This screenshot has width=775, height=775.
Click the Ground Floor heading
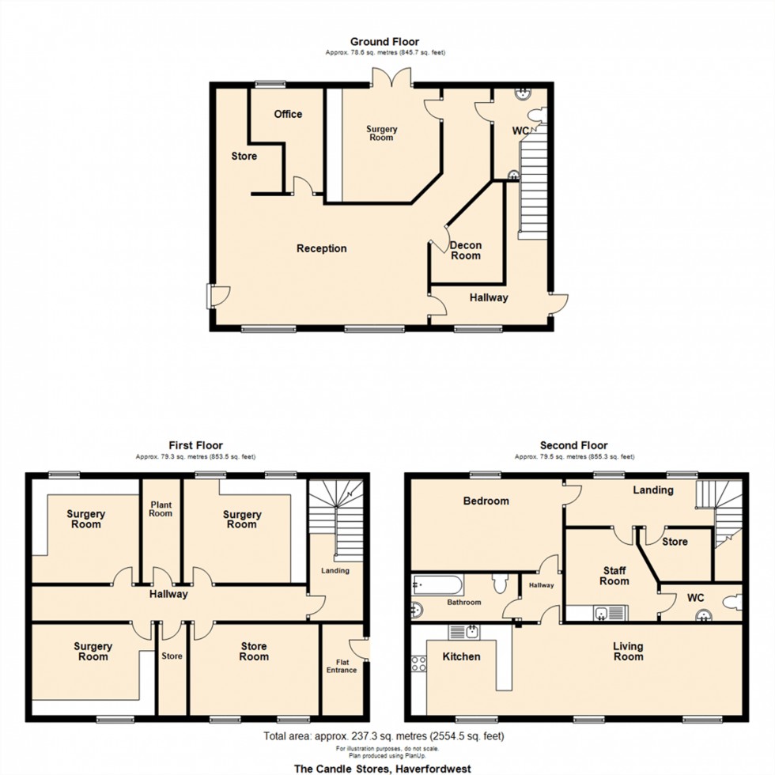384,41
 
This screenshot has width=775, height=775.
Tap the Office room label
288,114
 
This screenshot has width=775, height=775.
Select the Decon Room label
466,251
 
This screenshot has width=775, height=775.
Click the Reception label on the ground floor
322,248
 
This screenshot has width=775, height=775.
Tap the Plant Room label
161,508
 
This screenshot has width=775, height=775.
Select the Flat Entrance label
342,665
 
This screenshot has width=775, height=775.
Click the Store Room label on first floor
254,652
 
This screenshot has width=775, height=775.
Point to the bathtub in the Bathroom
437,585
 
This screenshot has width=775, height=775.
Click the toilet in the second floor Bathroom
499,584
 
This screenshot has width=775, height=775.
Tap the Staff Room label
614,575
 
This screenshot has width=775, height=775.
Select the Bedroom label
486,501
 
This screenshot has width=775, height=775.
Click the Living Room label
629,651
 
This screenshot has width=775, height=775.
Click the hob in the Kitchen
418,664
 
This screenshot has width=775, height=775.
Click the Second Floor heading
574,445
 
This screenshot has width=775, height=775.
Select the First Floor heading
195,445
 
